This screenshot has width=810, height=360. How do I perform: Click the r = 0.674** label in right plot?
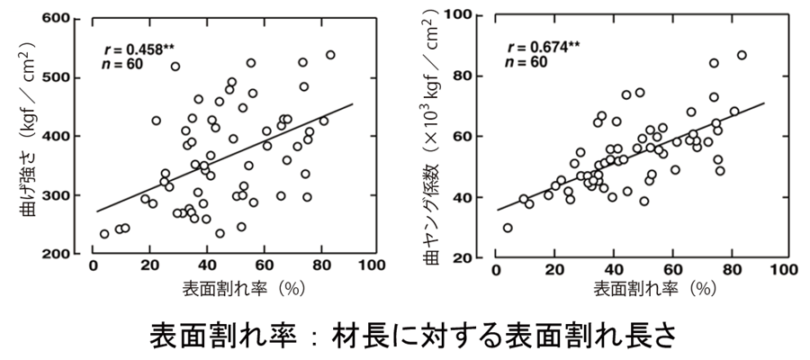pyautogui.click(x=543, y=47)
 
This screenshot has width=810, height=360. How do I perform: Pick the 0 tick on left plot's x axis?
pyautogui.click(x=94, y=268)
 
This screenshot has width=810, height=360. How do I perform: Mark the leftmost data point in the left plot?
pyautogui.click(x=104, y=233)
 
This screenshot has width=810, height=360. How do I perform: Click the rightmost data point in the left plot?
pyautogui.click(x=330, y=55)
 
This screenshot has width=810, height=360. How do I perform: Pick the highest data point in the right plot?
pyautogui.click(x=742, y=55)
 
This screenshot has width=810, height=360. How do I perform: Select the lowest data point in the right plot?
pyautogui.click(x=508, y=228)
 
